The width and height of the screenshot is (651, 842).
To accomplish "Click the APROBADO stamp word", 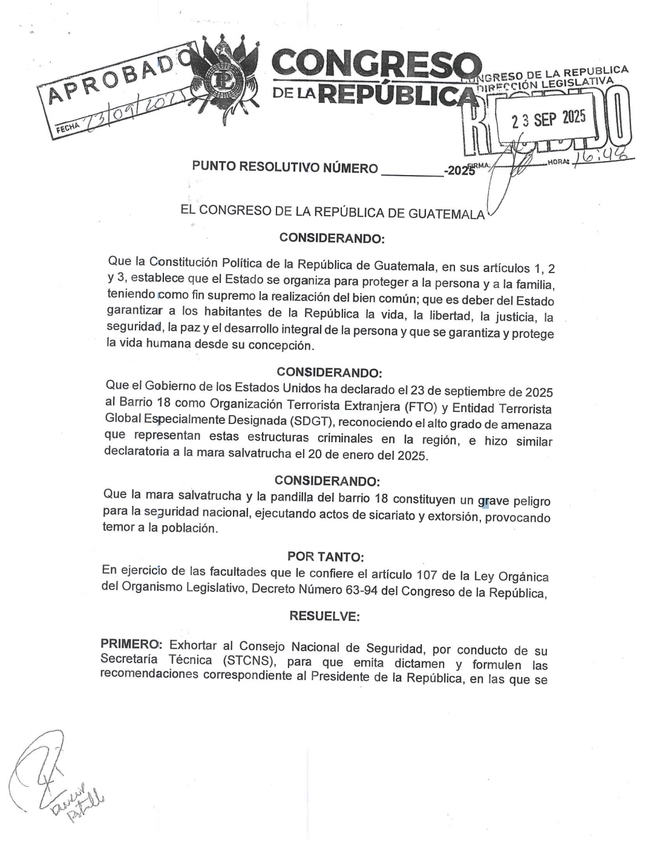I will click(x=115, y=77).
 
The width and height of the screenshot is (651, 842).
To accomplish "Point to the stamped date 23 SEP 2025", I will click(x=548, y=119).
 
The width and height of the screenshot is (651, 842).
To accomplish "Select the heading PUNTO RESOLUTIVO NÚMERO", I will click(x=284, y=168).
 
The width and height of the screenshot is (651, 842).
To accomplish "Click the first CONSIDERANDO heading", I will click(x=332, y=238).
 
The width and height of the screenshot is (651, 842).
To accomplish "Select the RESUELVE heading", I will click(x=325, y=616).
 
